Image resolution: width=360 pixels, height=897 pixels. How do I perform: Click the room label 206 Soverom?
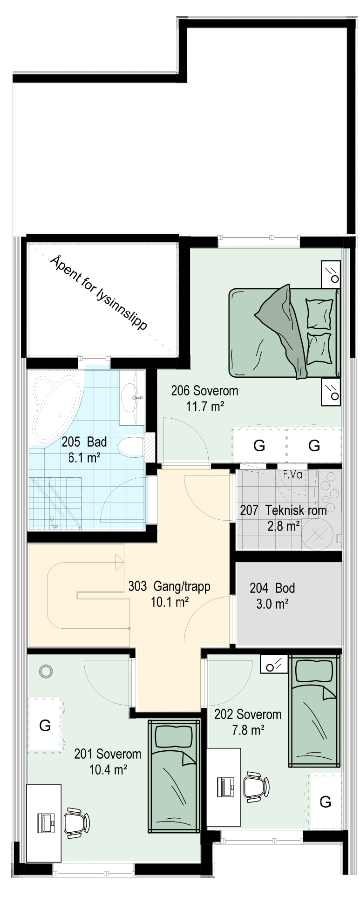pyautogui.click(x=204, y=390)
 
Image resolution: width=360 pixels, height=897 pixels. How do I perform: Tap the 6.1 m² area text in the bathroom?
pyautogui.click(x=84, y=457)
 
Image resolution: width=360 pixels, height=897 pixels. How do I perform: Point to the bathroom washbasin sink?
pyautogui.click(x=132, y=398)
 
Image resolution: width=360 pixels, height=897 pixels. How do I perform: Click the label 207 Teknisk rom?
pyautogui.click(x=283, y=510)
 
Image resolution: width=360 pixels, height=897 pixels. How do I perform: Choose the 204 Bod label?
pyautogui.click(x=272, y=588)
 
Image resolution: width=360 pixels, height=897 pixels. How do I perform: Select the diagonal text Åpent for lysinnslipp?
pyautogui.click(x=98, y=292)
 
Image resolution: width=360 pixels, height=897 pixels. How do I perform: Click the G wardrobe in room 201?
pyautogui.click(x=45, y=725)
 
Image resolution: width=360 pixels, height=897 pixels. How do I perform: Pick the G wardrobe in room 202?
pyautogui.click(x=325, y=802)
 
